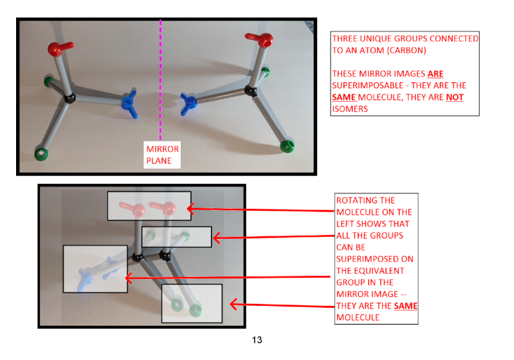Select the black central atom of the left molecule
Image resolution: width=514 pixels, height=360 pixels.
[69, 98]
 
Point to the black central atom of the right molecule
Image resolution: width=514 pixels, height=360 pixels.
[251, 90]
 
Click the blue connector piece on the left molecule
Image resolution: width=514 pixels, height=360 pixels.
[130, 102]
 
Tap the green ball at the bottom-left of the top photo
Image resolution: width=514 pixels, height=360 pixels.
[41, 153]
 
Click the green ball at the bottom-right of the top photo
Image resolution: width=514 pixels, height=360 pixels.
[288, 146]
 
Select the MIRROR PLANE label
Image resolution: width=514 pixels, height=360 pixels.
[162, 155]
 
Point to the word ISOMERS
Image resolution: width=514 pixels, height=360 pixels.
[350, 109]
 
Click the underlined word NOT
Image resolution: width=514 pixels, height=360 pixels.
[454, 97]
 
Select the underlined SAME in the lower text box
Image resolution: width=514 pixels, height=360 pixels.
[406, 306]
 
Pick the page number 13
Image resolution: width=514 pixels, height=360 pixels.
[257, 340]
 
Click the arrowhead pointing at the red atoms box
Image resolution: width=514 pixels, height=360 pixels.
[191, 209]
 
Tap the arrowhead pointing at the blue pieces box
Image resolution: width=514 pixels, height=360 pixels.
[129, 278]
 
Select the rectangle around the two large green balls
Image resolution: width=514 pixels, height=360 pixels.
[192, 303]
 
